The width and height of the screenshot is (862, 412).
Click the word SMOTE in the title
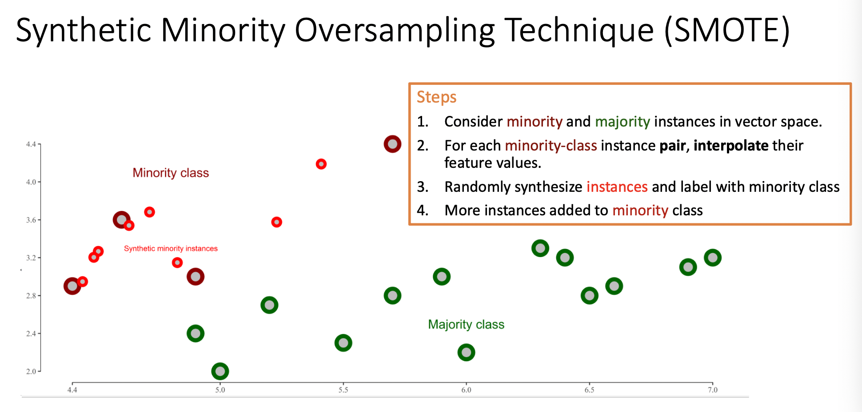[x=726, y=30]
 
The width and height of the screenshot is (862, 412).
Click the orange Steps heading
[x=436, y=97]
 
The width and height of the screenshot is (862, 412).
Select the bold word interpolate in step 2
[x=731, y=146]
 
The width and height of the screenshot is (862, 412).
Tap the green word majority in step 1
[x=623, y=122]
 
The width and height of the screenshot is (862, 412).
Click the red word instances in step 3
[x=617, y=187]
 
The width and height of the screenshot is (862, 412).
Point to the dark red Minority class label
[x=171, y=173]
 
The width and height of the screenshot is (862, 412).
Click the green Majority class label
[x=466, y=325]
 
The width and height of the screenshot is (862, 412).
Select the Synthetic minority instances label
[x=171, y=249]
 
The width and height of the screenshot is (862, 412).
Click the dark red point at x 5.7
[x=392, y=144]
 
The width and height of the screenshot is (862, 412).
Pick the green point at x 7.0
[x=712, y=257]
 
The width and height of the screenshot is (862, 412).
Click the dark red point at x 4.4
[x=72, y=286]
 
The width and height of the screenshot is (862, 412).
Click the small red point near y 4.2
[x=321, y=164]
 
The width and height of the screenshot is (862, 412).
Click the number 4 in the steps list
[x=422, y=210]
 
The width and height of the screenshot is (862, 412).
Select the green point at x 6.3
[x=540, y=248]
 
